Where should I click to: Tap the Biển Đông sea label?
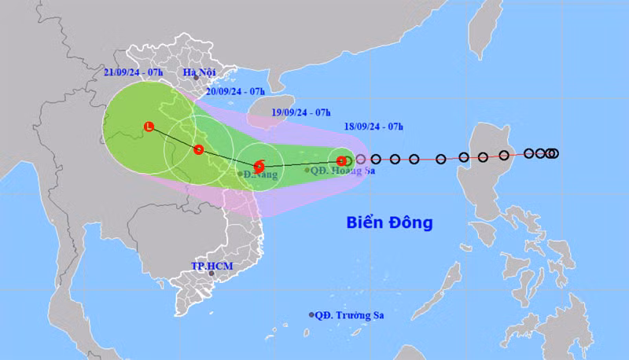coord(389,222)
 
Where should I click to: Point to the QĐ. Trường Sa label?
coord(351,316)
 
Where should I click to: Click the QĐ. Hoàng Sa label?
coord(343,170)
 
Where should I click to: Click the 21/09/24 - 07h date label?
coord(133,73)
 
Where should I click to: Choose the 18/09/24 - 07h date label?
coord(374,126)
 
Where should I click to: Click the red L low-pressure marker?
coord(149,126)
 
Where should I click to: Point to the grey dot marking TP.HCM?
coord(211,274)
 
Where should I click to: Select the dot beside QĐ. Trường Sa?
coord(311,315)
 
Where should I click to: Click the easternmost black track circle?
coord(554,153)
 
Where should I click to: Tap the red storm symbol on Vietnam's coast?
coord(199,149)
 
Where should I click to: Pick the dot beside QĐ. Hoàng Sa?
coord(307,170)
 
